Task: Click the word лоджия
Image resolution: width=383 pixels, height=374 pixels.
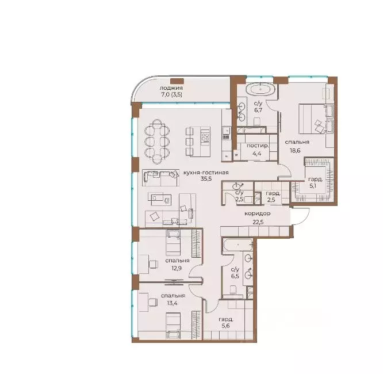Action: pyautogui.click(x=171, y=88)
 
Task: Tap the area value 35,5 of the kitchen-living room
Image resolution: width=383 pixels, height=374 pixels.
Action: pyautogui.click(x=206, y=179)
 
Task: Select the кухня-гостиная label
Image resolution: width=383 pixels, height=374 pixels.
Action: pyautogui.click(x=206, y=173)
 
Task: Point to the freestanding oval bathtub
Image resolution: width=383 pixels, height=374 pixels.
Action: pyautogui.click(x=261, y=90)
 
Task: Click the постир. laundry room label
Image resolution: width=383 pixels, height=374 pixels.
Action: pyautogui.click(x=258, y=146)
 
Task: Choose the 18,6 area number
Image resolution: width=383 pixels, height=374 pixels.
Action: pyautogui.click(x=295, y=151)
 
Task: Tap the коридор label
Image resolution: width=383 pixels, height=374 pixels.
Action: pyautogui.click(x=258, y=213)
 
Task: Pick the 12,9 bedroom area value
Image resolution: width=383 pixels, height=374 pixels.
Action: pyautogui.click(x=177, y=268)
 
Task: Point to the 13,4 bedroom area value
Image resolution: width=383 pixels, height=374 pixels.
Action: pyautogui.click(x=172, y=303)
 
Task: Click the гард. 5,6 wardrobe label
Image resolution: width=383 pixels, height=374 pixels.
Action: pyautogui.click(x=226, y=322)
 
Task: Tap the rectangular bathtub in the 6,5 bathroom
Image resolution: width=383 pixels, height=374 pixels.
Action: pyautogui.click(x=238, y=245)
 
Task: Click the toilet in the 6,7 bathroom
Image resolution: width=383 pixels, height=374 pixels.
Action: pyautogui.click(x=257, y=121)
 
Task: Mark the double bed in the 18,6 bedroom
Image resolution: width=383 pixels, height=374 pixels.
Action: pyautogui.click(x=313, y=119)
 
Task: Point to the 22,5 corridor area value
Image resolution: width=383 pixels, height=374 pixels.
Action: pyautogui.click(x=258, y=222)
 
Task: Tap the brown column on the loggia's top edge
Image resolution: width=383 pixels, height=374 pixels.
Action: pyautogui.click(x=177, y=81)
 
